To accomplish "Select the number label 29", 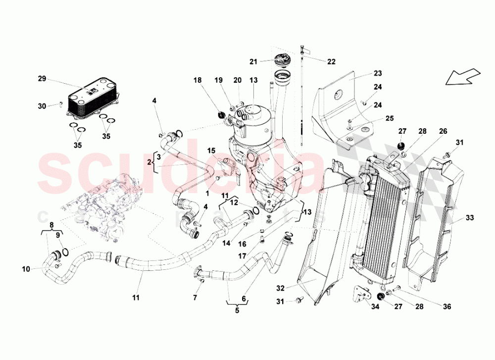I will (42, 79).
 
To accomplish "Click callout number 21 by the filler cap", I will (253, 61).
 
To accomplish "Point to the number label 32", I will (281, 288).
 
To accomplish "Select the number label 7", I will (195, 298).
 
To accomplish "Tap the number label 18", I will (198, 80).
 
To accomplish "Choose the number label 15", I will (211, 150).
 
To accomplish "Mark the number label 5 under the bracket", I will (237, 311).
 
